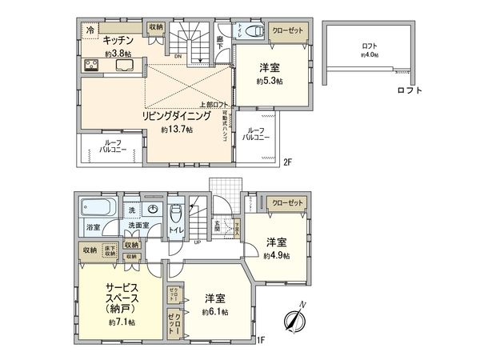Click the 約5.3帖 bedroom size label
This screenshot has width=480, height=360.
click(x=270, y=81)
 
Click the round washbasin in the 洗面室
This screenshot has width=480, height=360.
click(x=154, y=210)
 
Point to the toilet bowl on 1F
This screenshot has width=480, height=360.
click(x=177, y=214)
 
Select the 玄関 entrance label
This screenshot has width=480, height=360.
click(x=215, y=227)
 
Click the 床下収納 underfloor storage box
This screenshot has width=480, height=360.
click(x=110, y=251)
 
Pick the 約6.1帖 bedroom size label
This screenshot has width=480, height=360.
click(x=214, y=311)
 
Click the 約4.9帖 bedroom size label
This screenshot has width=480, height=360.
click(x=277, y=255)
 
